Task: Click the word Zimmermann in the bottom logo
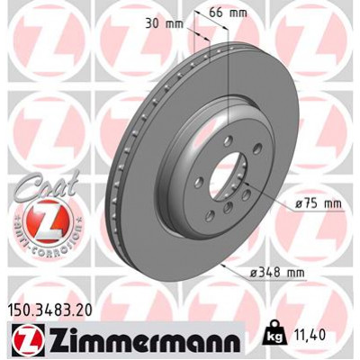(133, 341)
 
